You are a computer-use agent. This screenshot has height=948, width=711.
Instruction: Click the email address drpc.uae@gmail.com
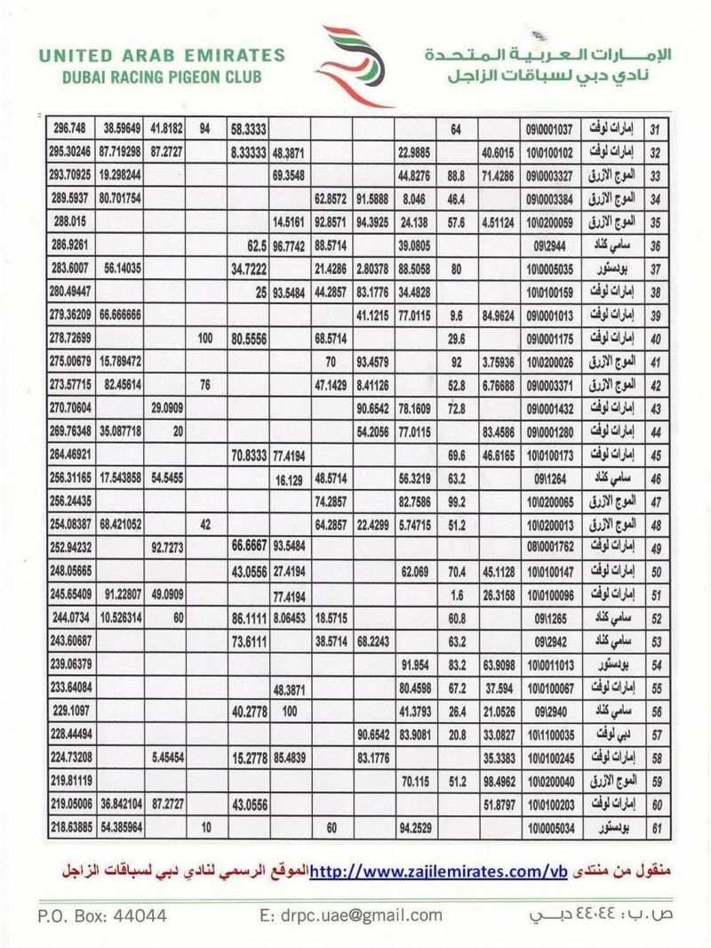click(350, 914)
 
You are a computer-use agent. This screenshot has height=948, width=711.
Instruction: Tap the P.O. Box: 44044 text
click(101, 914)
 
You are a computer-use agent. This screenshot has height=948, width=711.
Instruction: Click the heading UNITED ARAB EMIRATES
click(161, 56)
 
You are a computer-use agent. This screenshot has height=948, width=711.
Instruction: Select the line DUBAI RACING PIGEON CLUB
click(161, 76)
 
